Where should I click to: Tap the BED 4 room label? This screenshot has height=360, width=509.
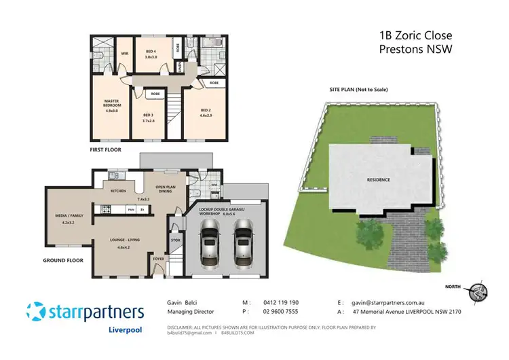[x=151, y=52]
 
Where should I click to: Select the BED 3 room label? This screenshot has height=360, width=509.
[x=149, y=115]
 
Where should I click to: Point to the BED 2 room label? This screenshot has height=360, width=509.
[x=206, y=109]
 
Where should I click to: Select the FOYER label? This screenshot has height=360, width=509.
[x=158, y=258]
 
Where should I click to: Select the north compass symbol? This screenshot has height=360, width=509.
[x=478, y=290]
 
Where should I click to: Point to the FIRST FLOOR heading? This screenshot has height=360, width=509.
[x=105, y=149]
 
